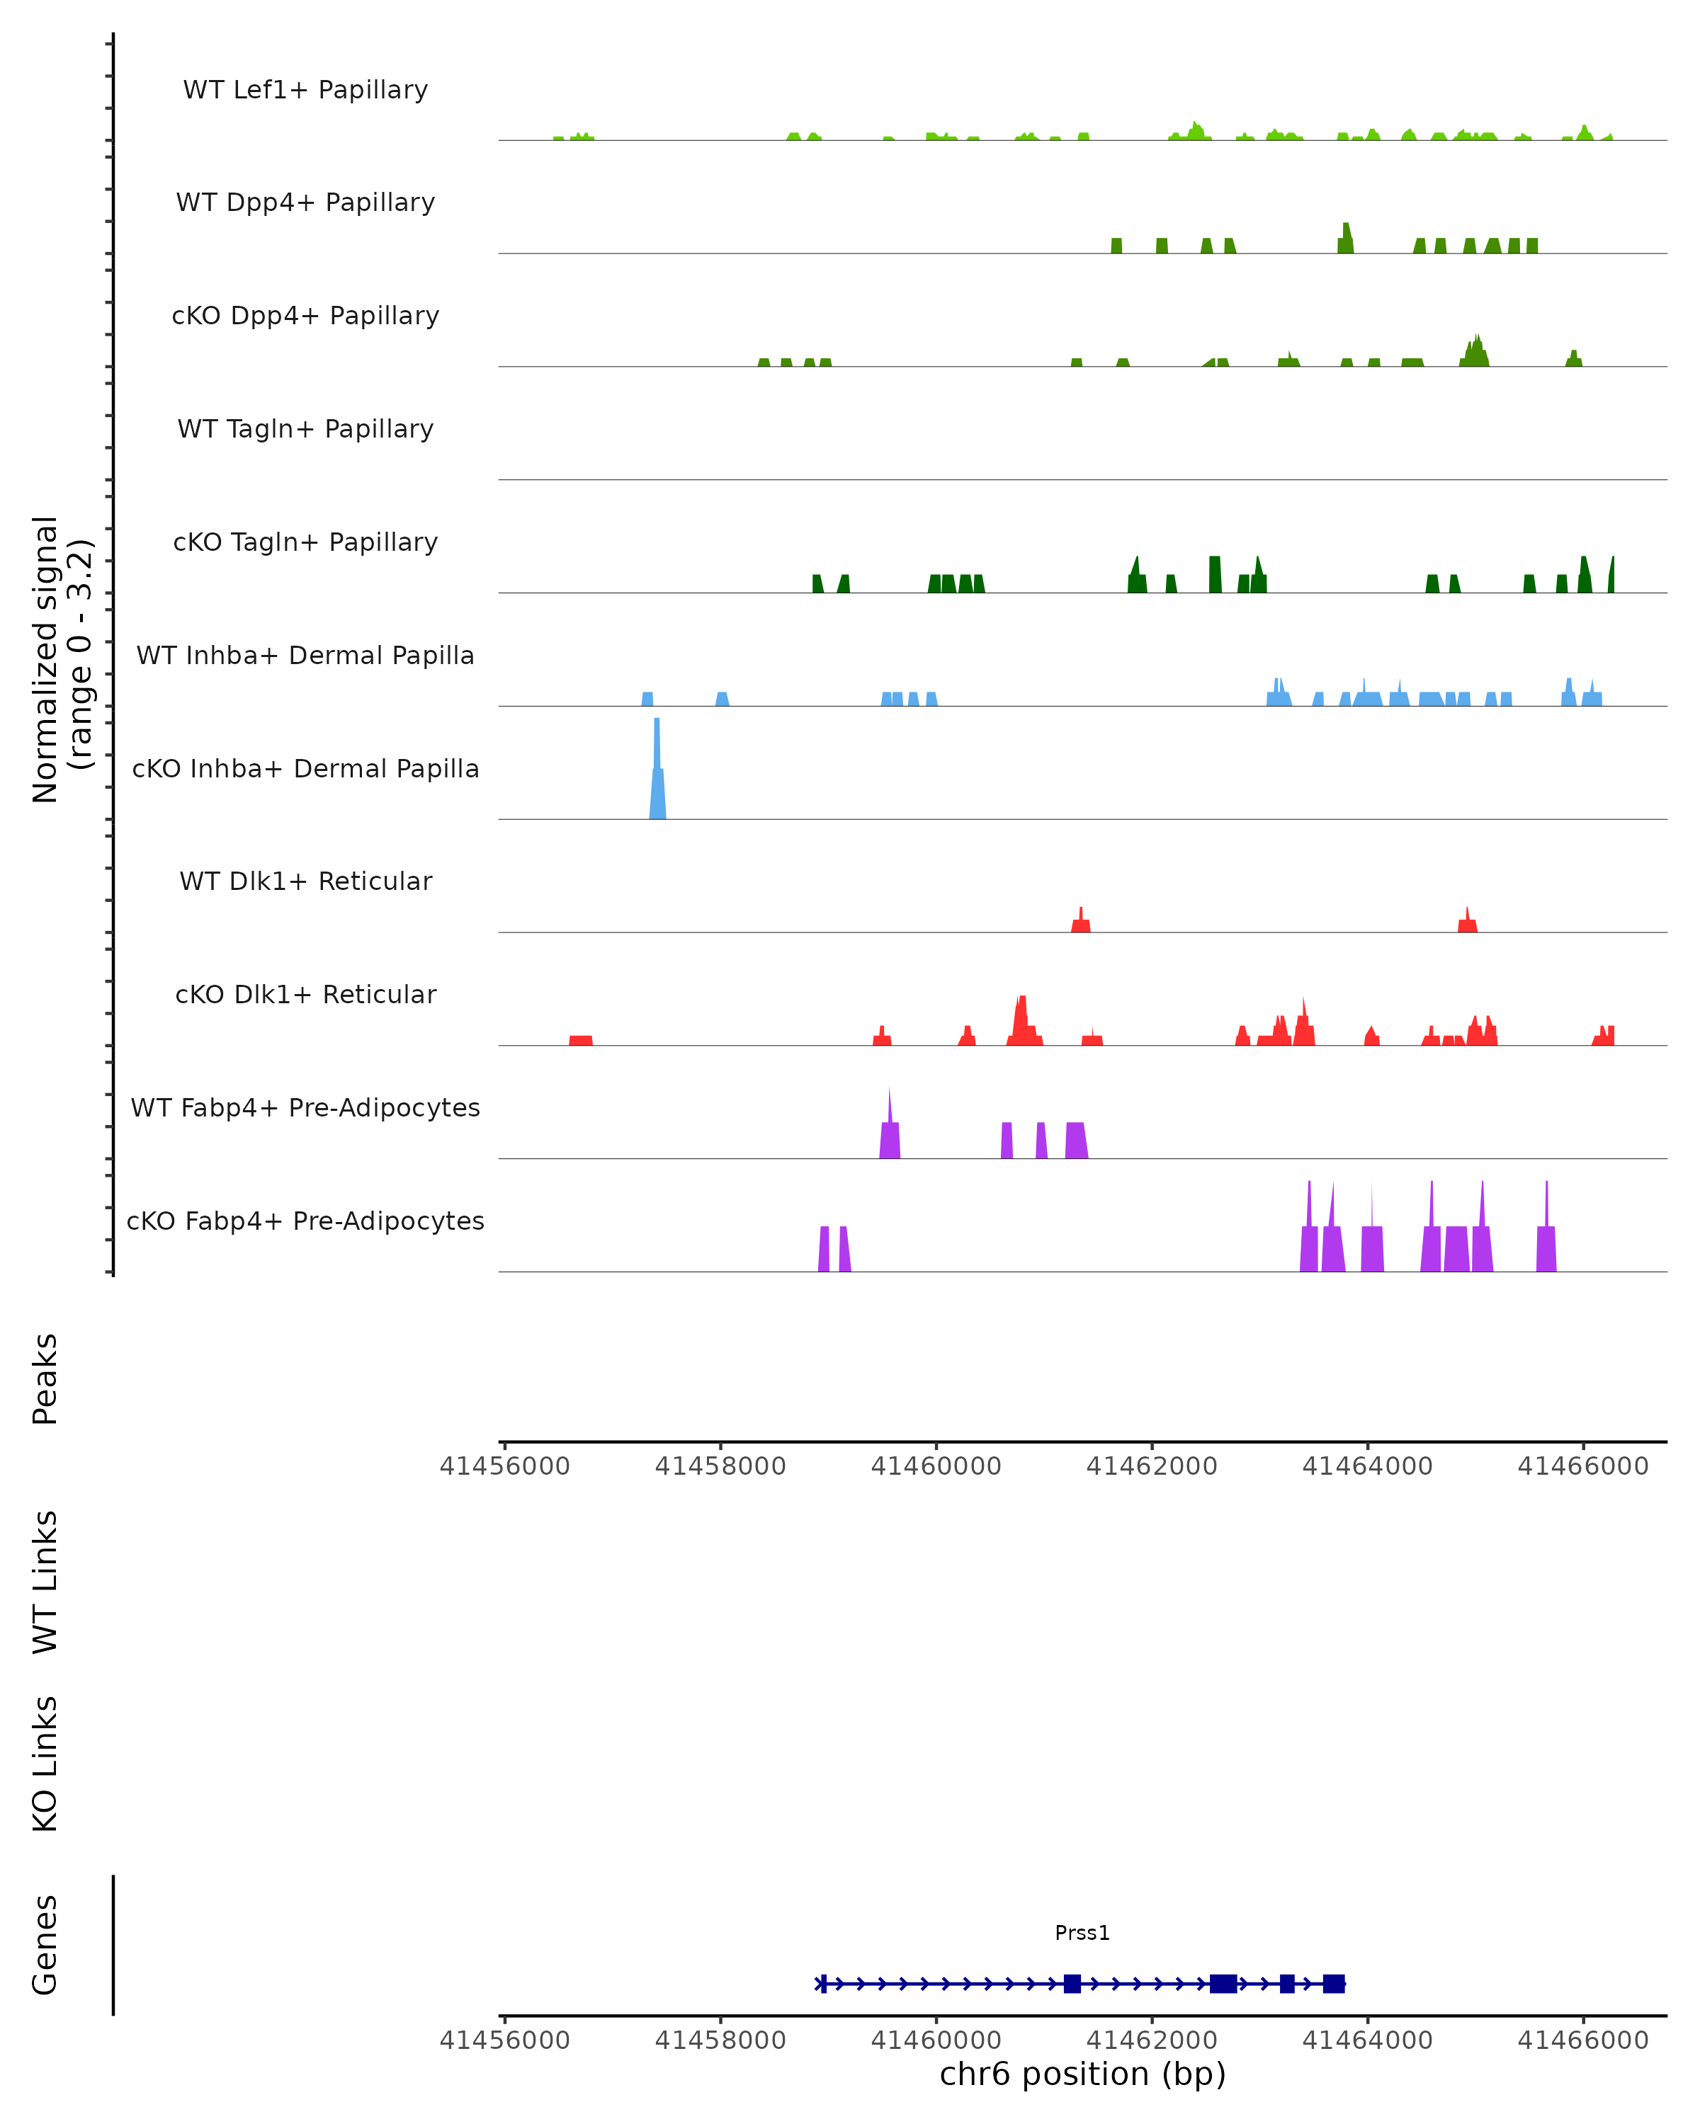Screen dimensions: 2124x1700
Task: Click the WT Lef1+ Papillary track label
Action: click(305, 90)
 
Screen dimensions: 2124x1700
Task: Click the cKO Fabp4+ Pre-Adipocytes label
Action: click(305, 1221)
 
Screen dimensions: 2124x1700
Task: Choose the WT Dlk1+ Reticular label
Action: click(305, 881)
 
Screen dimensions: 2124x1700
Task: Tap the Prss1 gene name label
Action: click(1082, 1933)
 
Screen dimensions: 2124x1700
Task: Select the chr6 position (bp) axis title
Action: click(1082, 2074)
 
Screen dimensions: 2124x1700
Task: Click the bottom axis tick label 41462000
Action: click(1151, 2040)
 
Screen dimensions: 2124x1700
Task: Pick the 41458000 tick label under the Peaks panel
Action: click(720, 1466)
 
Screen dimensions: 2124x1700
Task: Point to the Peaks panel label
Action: click(45, 1378)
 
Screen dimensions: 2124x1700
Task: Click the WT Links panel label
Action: click(45, 1581)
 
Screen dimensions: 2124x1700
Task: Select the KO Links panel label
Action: click(45, 1764)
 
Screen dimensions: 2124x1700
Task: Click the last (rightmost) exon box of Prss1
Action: click(1333, 1984)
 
